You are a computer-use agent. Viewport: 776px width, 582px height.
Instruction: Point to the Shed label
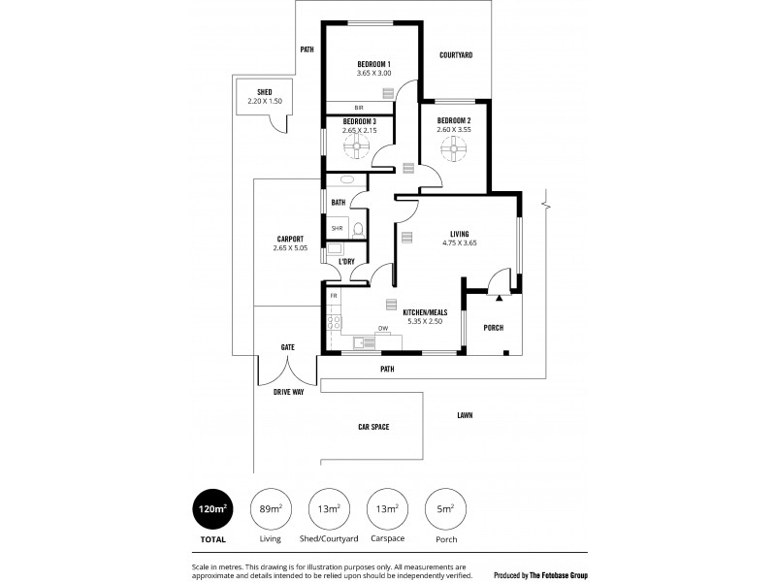(264, 92)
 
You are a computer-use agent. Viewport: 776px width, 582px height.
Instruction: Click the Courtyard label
(455, 55)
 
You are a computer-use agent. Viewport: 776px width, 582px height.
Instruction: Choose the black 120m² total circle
(212, 509)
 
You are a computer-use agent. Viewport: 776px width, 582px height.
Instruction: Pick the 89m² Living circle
(271, 509)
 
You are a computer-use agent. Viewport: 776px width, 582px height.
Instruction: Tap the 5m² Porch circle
(445, 509)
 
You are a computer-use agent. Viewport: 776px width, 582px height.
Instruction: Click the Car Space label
(372, 426)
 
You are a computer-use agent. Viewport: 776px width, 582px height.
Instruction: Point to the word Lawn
(465, 415)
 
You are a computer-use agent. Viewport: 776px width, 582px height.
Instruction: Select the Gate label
(287, 346)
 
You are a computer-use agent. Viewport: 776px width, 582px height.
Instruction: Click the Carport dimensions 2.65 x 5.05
(289, 248)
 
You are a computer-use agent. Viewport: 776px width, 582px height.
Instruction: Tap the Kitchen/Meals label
(425, 311)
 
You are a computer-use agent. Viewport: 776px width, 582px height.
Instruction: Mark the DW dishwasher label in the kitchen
(383, 328)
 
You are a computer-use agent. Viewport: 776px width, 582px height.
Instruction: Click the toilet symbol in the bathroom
(358, 230)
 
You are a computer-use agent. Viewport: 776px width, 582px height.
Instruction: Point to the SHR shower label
(337, 228)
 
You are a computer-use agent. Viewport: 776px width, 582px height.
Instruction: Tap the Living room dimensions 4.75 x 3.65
(459, 243)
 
